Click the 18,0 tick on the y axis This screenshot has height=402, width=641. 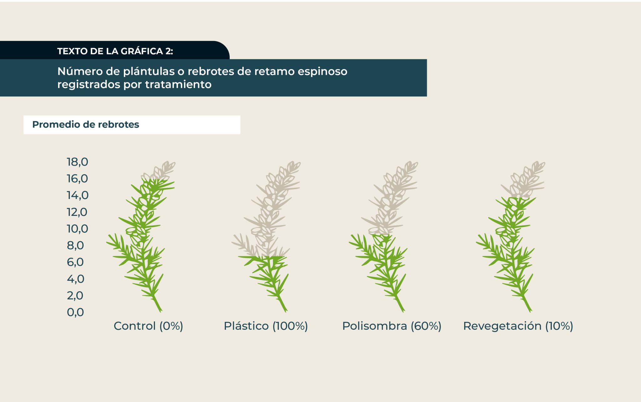77,162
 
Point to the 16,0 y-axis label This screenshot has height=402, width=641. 77,179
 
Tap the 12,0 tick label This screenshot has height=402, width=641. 77,212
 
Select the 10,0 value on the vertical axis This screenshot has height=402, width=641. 77,229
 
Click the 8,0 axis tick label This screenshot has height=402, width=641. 75,246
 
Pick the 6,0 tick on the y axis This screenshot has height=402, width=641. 75,262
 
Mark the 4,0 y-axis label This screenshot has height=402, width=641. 76,279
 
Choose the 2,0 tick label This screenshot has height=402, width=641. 75,296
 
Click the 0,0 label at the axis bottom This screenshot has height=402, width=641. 75,312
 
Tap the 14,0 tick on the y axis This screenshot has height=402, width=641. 78,195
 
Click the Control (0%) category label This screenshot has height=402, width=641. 148,326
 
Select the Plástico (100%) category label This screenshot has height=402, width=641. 266,326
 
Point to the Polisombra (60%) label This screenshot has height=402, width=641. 392,326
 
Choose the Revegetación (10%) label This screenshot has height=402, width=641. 518,326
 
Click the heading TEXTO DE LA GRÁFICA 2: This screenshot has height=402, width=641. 115,51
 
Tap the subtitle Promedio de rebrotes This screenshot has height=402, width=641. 86,125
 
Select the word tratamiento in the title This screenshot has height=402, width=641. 178,84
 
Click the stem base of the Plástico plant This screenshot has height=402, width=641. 285,310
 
